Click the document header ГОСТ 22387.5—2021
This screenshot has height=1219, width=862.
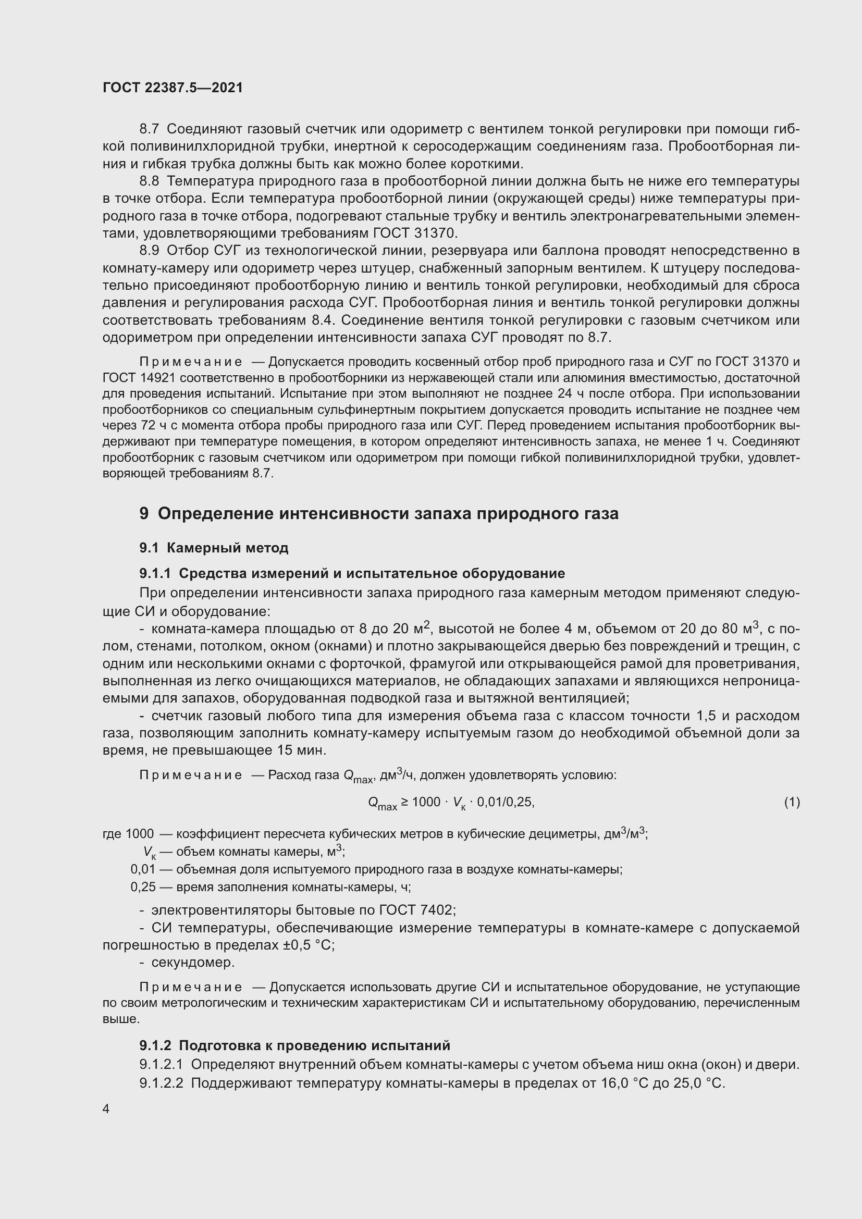tap(173, 88)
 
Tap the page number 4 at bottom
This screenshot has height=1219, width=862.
tap(106, 1109)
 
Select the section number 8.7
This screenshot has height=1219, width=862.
tap(149, 129)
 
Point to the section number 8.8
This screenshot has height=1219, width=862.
tap(149, 181)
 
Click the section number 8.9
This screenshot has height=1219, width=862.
tap(149, 250)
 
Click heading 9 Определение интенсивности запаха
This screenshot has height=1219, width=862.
tap(379, 513)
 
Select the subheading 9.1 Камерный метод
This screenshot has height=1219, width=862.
tap(214, 547)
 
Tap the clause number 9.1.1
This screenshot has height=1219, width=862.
tap(155, 573)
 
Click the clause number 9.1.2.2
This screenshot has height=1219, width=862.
tap(162, 1082)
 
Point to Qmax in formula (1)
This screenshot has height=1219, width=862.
tap(382, 803)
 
